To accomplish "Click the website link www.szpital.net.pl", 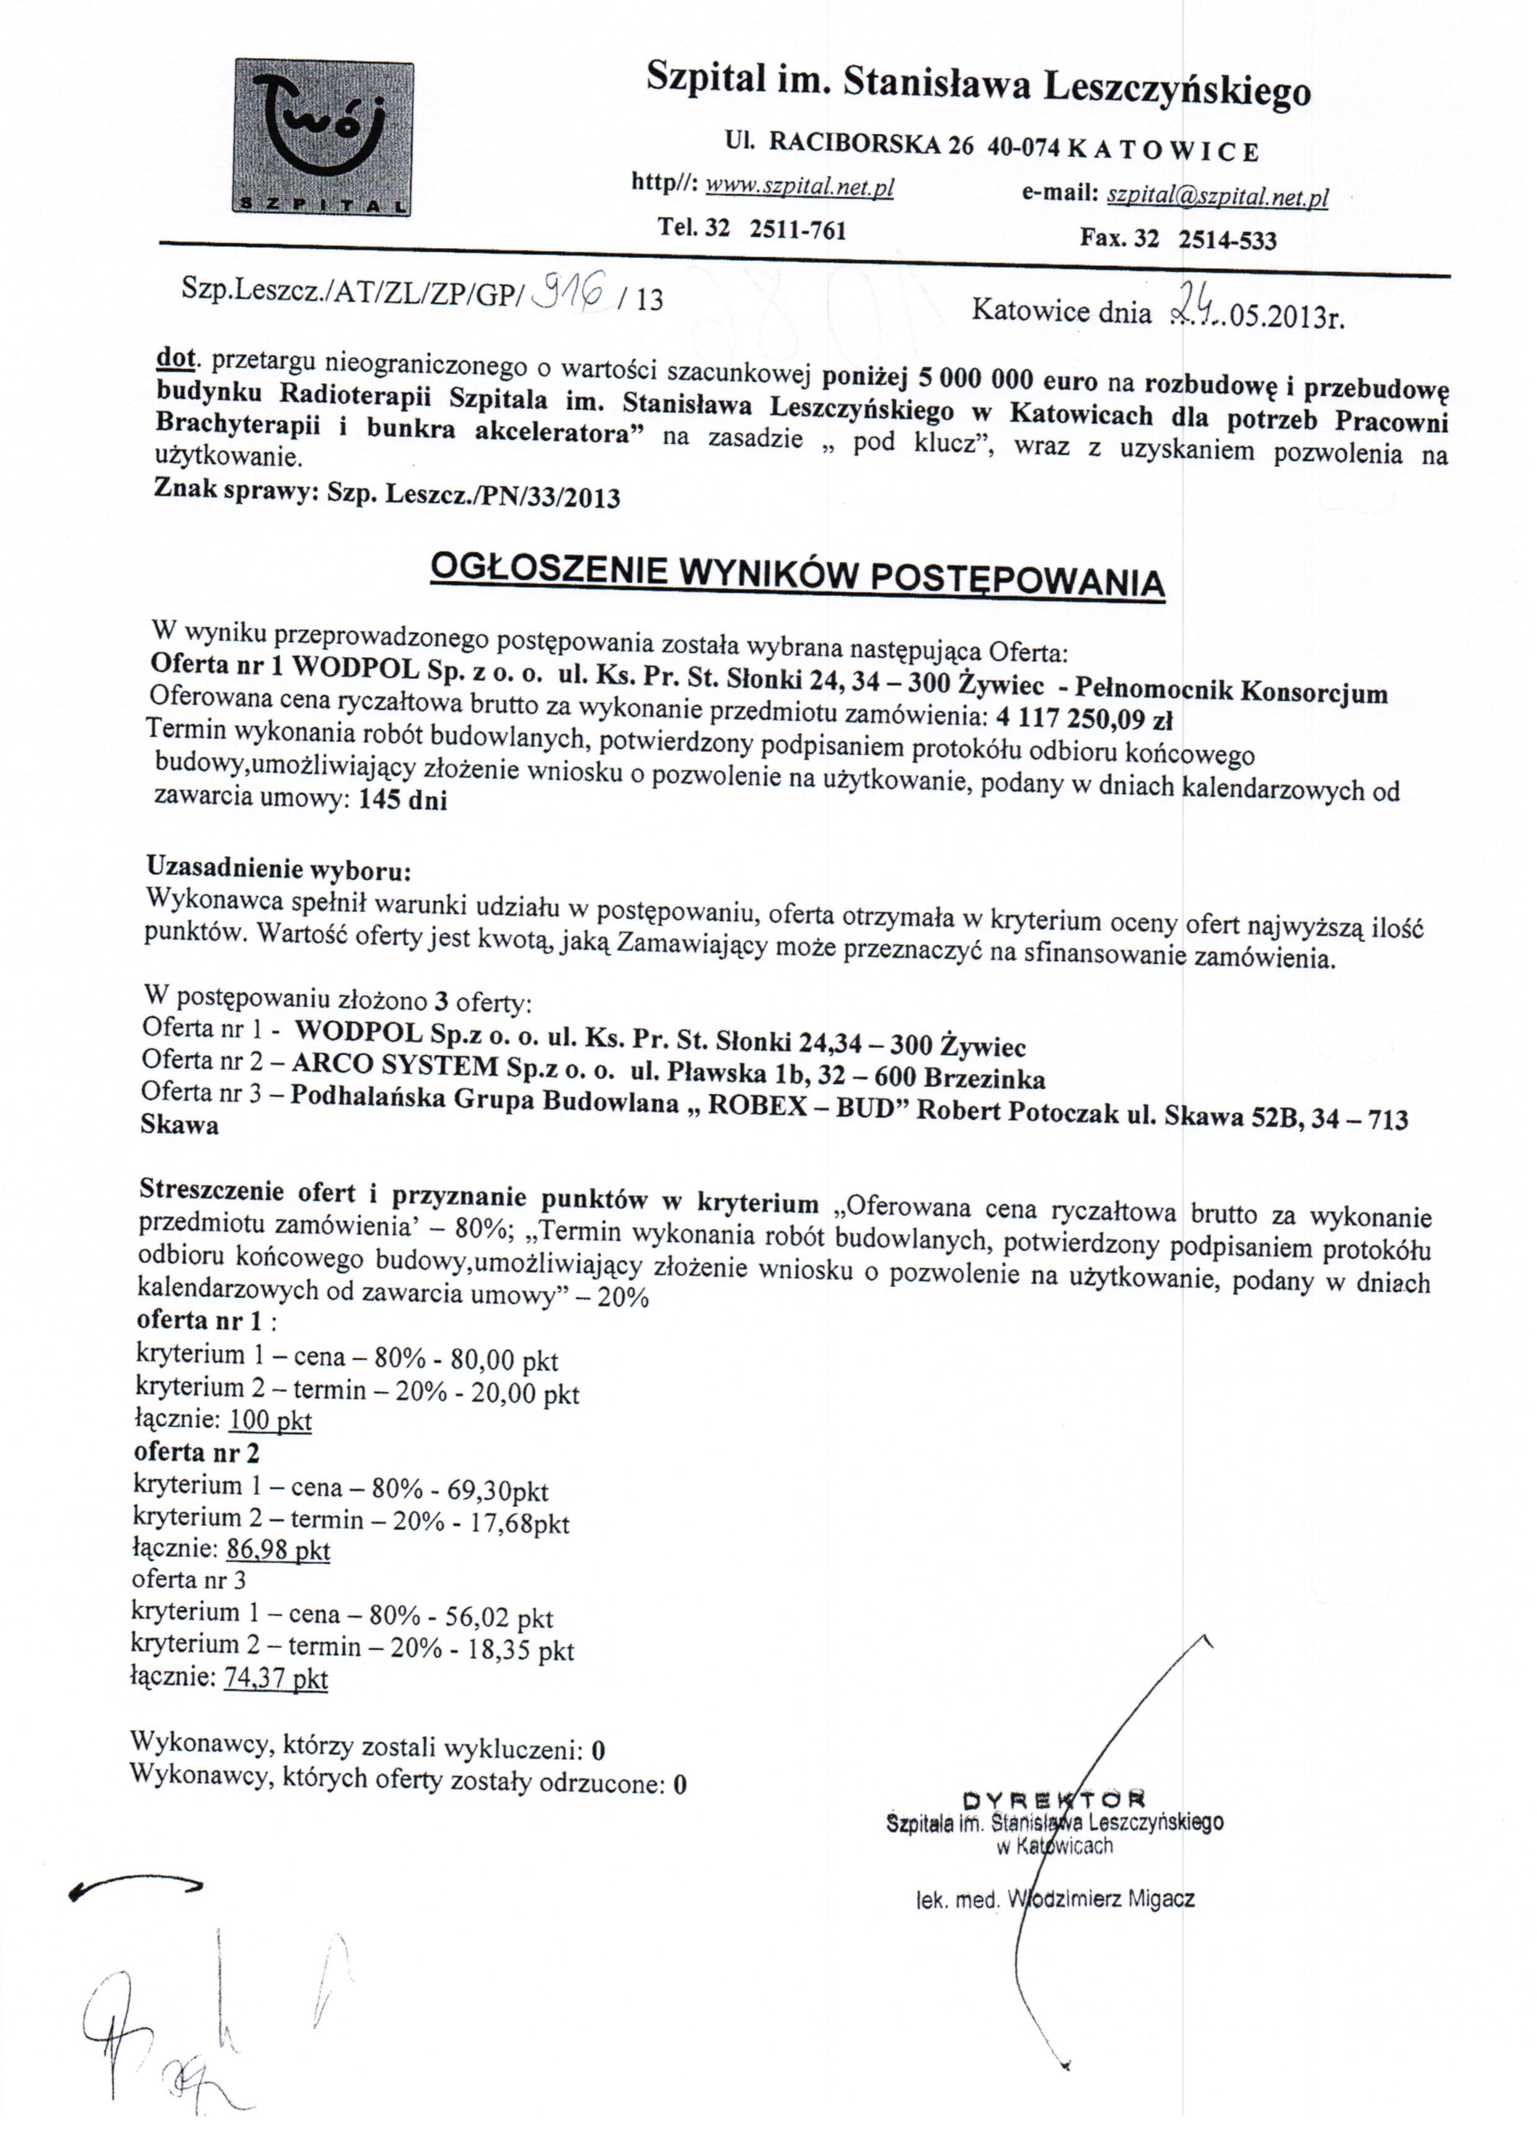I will (799, 187).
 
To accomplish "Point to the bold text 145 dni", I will (402, 800).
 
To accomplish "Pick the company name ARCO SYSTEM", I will (395, 1065).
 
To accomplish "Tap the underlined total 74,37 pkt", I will (275, 1678).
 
